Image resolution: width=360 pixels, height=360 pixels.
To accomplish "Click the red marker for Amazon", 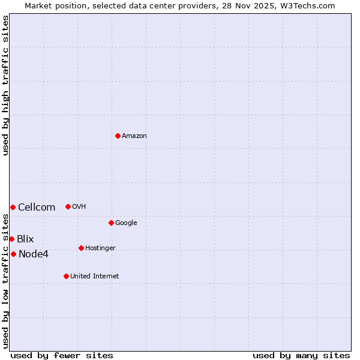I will click(118, 136).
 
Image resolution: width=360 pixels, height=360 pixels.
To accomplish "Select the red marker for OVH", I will click(68, 206).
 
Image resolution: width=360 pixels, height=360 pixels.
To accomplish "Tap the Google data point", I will click(111, 223).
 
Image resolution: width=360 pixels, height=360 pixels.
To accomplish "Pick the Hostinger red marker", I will click(81, 248).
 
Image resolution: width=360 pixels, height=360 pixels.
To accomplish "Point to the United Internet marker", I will click(66, 276).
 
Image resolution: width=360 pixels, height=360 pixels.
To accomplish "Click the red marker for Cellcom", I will click(13, 207).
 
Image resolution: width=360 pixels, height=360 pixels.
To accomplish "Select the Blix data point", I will click(11, 239).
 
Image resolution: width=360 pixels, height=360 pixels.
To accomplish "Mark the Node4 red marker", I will click(13, 254).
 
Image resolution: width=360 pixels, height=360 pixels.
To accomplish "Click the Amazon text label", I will click(134, 136).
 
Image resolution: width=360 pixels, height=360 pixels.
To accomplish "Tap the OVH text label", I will click(79, 207).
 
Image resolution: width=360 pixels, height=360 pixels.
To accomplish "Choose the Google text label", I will click(126, 223).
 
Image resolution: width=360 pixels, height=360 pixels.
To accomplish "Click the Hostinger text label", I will click(100, 248).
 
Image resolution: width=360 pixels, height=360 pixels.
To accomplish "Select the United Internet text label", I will click(94, 277).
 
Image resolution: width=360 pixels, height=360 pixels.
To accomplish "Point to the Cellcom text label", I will click(37, 208).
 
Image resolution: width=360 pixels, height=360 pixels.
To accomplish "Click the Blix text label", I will click(25, 239).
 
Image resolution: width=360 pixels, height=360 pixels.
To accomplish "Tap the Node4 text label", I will click(34, 254).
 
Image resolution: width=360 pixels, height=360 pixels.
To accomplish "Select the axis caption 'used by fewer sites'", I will click(62, 355).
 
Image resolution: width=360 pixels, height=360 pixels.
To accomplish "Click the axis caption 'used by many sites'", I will click(301, 355).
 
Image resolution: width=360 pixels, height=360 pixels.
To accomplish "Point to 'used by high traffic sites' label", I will click(5, 85).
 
